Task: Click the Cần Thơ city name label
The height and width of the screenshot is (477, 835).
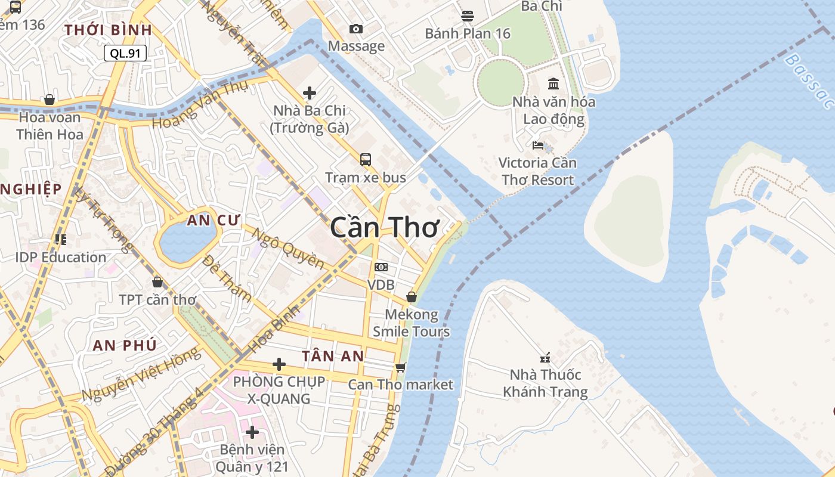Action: (385, 228)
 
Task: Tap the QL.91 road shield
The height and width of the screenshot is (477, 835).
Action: (125, 53)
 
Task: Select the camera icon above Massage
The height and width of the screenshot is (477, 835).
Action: (355, 29)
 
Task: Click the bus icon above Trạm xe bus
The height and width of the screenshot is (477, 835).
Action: (366, 159)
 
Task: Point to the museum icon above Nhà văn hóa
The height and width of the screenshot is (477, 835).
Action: (553, 83)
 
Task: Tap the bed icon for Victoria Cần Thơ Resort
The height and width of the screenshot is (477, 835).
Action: (537, 145)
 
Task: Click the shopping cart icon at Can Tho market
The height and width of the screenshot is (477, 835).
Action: (401, 367)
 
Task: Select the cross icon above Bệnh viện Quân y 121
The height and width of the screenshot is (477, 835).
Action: (252, 431)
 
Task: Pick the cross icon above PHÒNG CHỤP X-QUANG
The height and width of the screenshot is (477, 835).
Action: (279, 364)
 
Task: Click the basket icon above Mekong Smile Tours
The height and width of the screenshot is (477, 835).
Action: (411, 296)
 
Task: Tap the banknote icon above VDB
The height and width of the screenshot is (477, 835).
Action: (381, 267)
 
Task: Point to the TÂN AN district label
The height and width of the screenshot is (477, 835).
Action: (333, 356)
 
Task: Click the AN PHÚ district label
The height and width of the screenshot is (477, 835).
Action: (125, 345)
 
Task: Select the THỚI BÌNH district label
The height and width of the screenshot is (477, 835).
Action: (108, 30)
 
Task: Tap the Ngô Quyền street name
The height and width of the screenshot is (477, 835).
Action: (289, 249)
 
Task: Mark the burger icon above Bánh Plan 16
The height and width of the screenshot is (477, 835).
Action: (468, 16)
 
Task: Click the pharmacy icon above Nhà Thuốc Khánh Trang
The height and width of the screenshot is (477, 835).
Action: (545, 358)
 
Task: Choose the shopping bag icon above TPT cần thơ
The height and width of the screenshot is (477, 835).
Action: (157, 282)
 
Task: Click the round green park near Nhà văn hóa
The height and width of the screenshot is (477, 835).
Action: (500, 81)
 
